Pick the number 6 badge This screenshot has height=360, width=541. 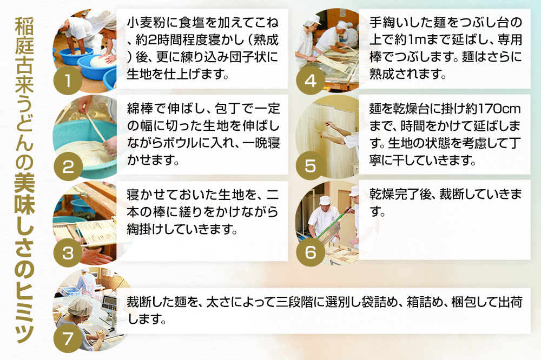pyautogui.click(x=311, y=252)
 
